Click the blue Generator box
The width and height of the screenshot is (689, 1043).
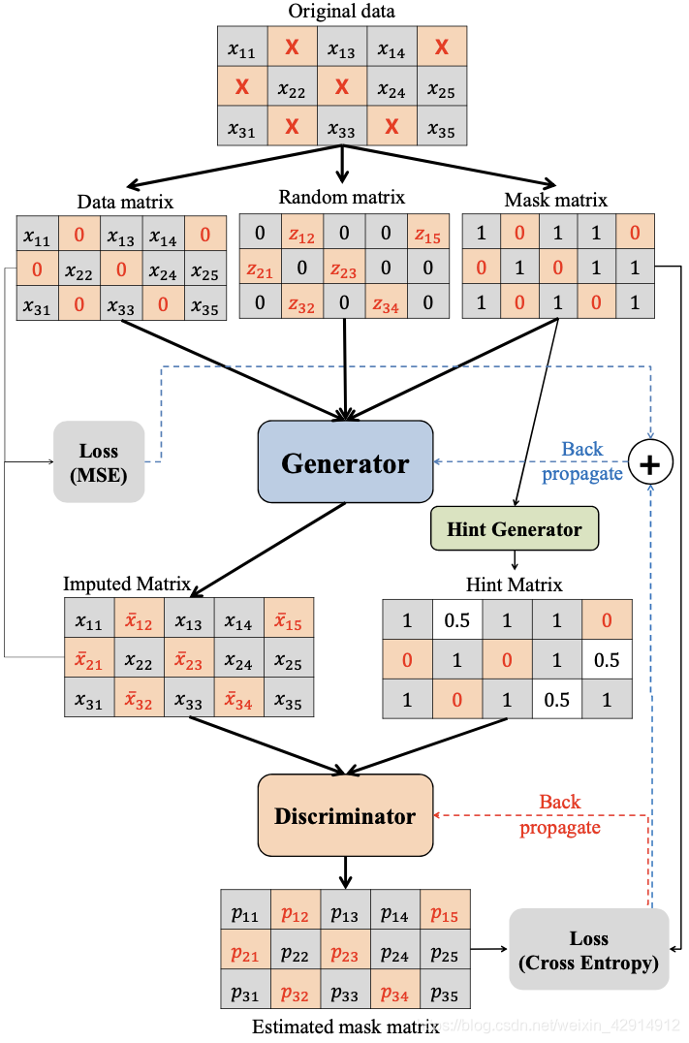coord(345,463)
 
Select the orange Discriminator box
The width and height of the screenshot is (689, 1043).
coord(345,815)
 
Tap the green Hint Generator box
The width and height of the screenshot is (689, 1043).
coord(515,529)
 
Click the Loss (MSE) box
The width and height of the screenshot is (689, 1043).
coord(98,462)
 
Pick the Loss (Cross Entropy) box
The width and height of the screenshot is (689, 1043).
coord(588,950)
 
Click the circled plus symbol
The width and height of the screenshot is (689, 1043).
coord(651,465)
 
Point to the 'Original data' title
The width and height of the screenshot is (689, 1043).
coord(341,12)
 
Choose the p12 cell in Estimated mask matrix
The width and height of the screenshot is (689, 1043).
coord(295,913)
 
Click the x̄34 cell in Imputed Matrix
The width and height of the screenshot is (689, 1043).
coord(238,698)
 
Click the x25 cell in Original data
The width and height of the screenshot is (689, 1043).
coord(441,91)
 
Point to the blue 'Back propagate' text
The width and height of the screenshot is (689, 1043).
coord(582,461)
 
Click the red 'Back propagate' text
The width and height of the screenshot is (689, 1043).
coord(560,814)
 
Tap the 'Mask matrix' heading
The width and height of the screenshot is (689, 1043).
coord(555,200)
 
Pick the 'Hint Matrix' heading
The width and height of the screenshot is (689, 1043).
coord(514,585)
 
